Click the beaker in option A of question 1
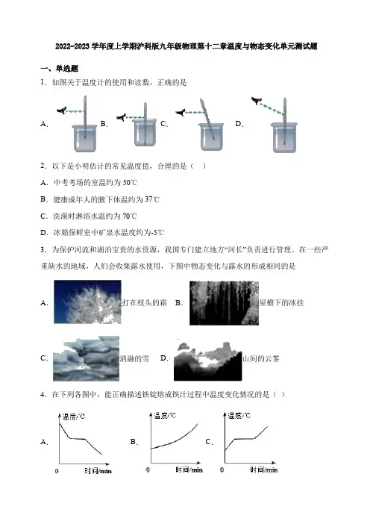(85, 138)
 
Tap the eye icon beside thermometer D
(257, 100)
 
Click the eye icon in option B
(122, 117)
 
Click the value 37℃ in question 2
(152, 199)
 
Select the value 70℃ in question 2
(130, 216)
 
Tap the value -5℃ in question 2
(157, 232)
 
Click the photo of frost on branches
(87, 302)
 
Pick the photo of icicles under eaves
(224, 303)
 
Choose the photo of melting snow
(86, 358)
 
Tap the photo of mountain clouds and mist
(207, 361)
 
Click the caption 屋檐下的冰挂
(281, 303)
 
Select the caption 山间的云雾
(261, 358)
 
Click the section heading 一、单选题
(59, 69)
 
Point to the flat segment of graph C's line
(244, 439)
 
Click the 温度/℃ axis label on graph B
(165, 416)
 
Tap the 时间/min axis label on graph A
(98, 471)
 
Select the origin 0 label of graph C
(222, 470)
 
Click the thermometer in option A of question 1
(85, 117)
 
